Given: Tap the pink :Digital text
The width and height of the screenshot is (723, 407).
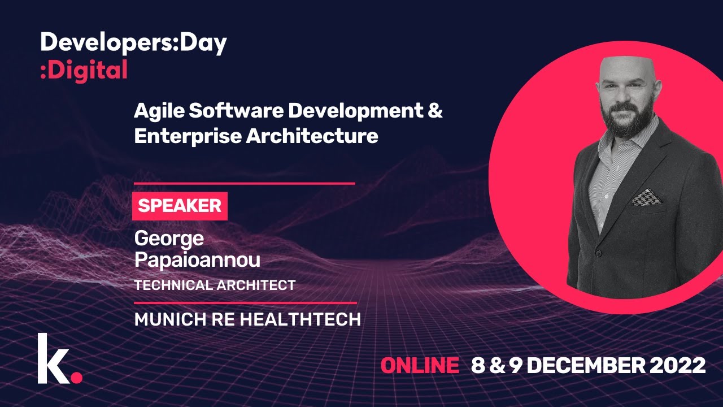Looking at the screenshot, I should point(84,71).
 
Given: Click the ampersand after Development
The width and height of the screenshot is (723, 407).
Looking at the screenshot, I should point(434,111).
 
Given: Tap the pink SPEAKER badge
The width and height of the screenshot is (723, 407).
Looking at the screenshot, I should point(180,206).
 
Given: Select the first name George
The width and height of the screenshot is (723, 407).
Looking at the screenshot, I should point(169,239).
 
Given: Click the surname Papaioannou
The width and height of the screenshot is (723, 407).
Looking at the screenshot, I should point(197,260).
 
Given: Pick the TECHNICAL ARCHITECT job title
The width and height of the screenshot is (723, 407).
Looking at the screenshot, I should point(215,285).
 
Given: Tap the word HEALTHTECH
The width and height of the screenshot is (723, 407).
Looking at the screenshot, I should point(300,319).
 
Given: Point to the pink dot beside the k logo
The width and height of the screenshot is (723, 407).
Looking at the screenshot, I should point(77,376).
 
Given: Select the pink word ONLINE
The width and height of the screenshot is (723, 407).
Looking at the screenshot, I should point(420,366).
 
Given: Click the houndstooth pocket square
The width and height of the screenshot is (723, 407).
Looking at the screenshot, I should point(647,197).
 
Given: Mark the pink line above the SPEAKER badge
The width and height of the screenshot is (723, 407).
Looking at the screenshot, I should point(244,183).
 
